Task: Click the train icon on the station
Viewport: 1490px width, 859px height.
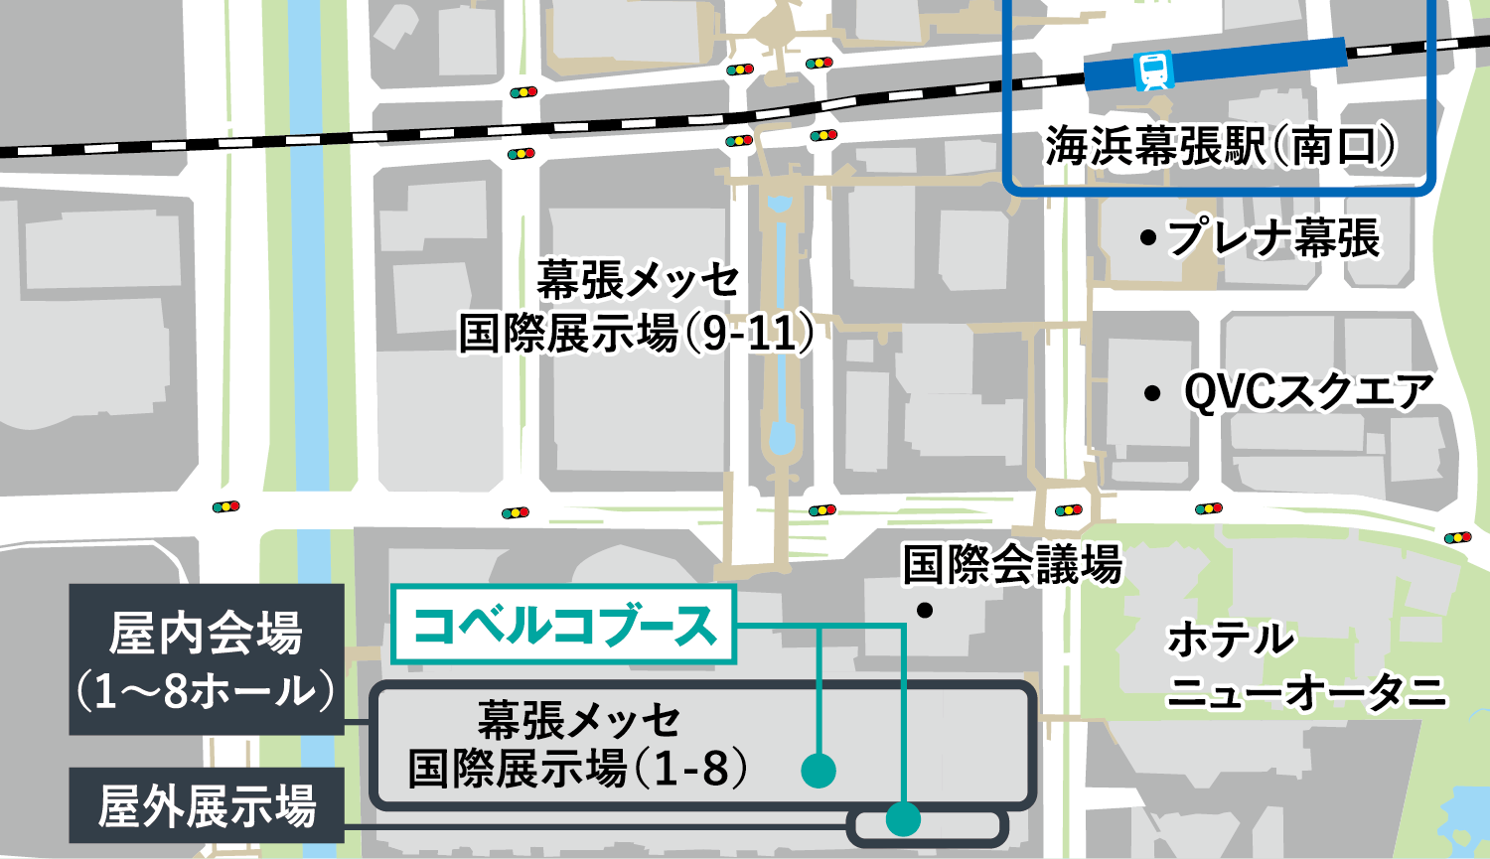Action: coord(1153,71)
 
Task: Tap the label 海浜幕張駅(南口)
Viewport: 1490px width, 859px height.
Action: coord(1219,147)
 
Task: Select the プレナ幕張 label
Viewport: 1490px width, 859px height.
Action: coord(1272,238)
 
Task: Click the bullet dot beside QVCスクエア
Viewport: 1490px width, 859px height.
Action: coord(1152,394)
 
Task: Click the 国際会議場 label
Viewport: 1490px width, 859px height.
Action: coord(1011,565)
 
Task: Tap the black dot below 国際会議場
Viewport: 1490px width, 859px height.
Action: coord(925,610)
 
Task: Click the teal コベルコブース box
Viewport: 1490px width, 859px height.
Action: coord(563,626)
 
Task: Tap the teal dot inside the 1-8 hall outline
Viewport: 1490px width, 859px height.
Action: coord(819,770)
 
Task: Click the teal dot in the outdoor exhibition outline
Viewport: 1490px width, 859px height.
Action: coord(903,819)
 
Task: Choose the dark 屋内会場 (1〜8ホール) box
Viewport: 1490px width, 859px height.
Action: coord(206,659)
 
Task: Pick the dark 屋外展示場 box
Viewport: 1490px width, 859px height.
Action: coord(206,805)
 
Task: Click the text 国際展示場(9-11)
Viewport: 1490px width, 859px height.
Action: coord(635,334)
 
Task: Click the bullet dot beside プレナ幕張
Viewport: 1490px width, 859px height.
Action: coord(1148,238)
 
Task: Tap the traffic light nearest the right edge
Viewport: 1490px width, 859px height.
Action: coord(1457,537)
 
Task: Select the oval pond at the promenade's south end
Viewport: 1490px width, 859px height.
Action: coord(782,436)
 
